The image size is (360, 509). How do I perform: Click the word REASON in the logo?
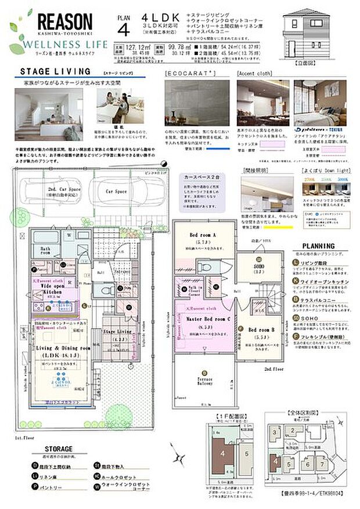click(64, 23)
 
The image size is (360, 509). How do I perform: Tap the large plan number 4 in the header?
click(123, 28)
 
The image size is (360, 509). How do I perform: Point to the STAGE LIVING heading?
click(56, 72)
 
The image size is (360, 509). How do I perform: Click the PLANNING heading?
click(317, 246)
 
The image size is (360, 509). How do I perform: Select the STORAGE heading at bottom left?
click(59, 449)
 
